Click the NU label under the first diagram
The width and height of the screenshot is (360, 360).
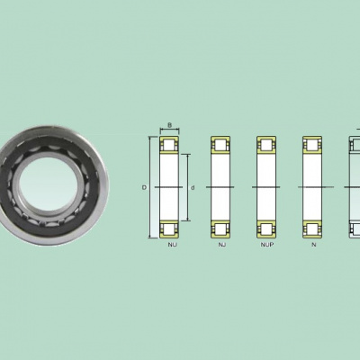click(172, 245)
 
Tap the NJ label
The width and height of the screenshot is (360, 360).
click(222, 245)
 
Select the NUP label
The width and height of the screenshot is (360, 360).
click(267, 245)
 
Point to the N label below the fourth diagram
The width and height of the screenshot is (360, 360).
click(314, 245)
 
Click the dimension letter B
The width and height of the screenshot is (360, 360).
click(169, 125)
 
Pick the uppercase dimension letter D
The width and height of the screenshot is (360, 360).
click(144, 188)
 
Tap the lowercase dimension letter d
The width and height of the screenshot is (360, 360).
click(193, 188)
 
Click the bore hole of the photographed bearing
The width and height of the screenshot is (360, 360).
click(49, 184)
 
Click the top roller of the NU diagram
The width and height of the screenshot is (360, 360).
click(169, 145)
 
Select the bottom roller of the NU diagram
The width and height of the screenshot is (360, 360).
click(169, 229)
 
